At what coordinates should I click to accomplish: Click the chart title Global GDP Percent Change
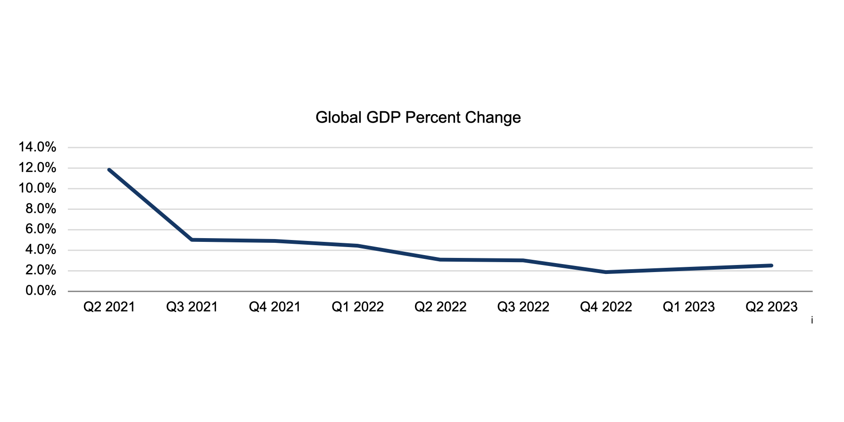coord(418,117)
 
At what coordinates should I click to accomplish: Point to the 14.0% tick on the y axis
coord(37,147)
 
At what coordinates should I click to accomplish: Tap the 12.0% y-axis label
coord(37,168)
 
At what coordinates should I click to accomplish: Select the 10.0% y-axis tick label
coord(37,189)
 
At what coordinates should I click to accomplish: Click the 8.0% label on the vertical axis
coord(41,209)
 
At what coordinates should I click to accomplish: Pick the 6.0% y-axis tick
coord(41,230)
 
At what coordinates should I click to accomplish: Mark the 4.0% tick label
coord(41,250)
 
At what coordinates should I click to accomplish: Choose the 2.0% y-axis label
coord(41,271)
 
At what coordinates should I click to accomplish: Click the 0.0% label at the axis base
coord(41,291)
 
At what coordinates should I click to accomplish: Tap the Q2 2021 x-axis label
coord(109,307)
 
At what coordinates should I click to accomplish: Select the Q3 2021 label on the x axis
coord(192,307)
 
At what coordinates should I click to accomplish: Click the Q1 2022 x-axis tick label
coord(357,307)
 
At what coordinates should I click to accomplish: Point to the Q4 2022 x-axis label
coord(606,307)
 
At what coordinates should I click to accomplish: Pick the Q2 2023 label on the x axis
coord(771,307)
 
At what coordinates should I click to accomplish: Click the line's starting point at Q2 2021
coord(109,170)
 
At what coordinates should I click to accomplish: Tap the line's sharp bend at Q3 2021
coord(192,240)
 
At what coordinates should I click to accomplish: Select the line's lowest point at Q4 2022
coord(606,272)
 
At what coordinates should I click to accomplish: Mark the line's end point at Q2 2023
coord(771,265)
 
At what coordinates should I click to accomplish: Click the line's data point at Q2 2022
coord(440,259)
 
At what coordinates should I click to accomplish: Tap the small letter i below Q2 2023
coord(812,321)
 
